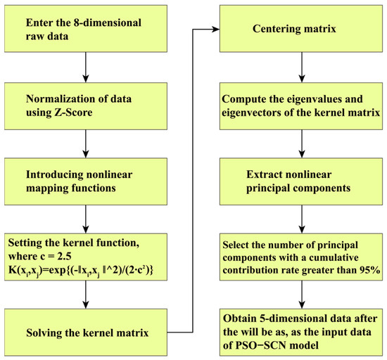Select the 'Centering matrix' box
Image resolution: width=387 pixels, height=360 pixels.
pos(303,30)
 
